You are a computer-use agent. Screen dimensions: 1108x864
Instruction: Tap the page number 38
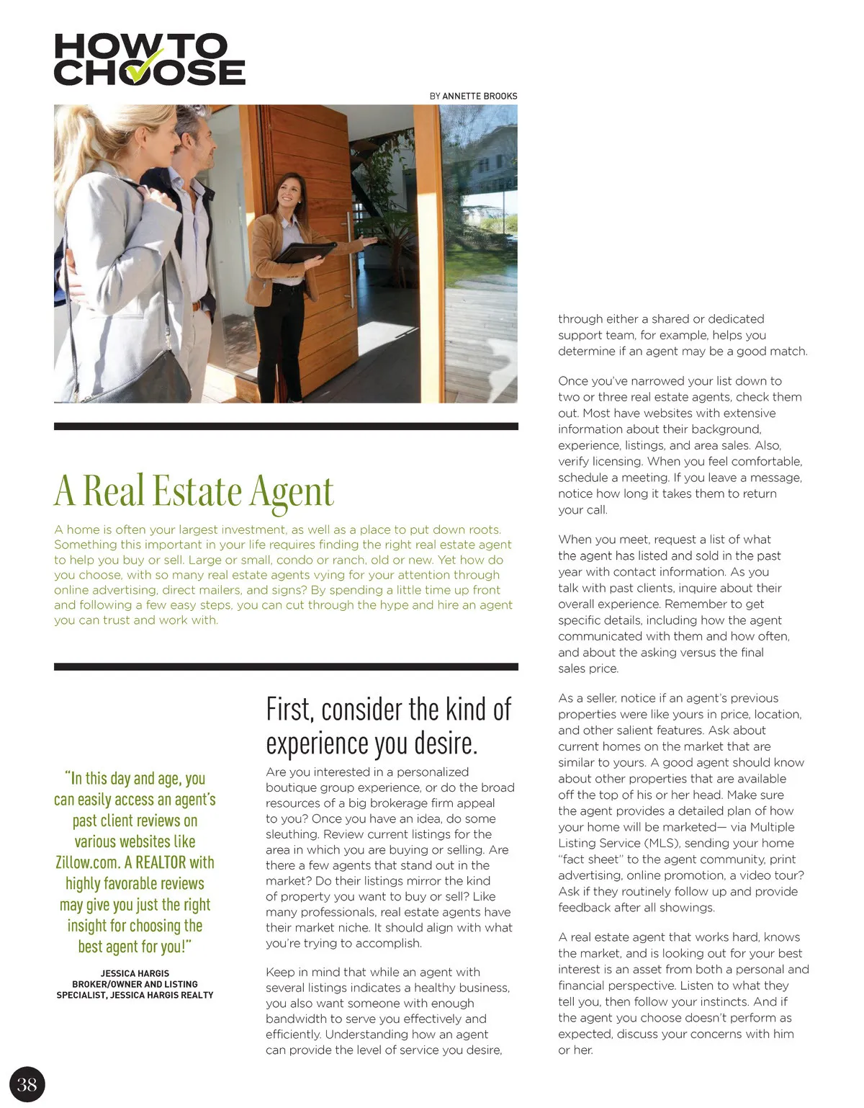(x=27, y=1084)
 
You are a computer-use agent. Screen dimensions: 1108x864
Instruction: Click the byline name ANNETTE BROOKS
(x=480, y=96)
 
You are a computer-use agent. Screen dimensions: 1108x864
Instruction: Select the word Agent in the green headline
(x=292, y=492)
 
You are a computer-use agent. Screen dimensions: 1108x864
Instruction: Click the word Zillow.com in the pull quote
(x=87, y=862)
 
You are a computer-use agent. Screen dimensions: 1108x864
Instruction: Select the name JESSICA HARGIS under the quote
(x=135, y=973)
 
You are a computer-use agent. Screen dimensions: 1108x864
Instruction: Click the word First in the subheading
(x=289, y=710)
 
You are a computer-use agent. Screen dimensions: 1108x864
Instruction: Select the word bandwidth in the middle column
(x=295, y=1019)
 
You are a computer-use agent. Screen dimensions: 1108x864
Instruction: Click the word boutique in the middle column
(x=290, y=787)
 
